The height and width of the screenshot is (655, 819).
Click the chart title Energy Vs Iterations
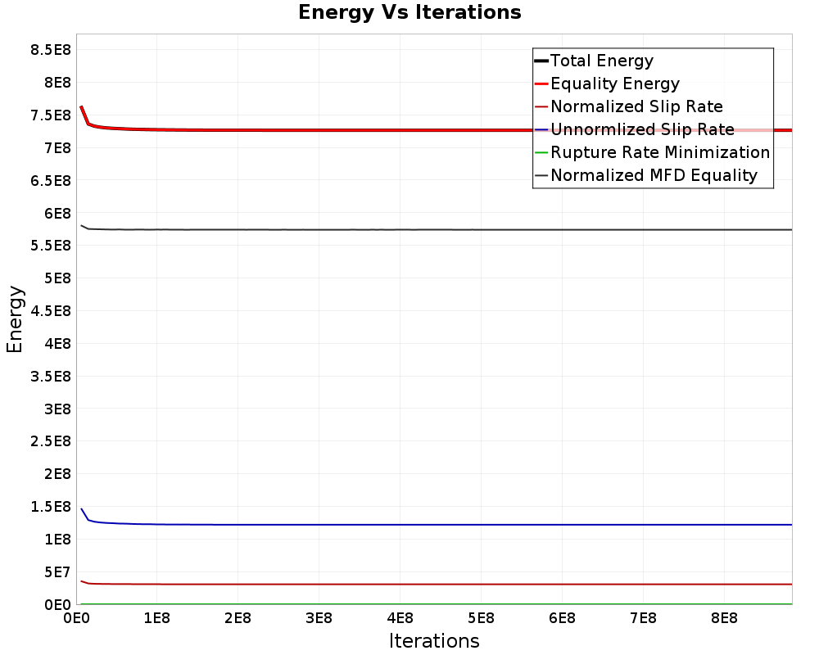click(x=409, y=12)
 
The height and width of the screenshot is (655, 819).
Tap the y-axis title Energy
click(x=14, y=318)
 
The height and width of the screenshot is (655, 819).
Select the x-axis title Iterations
click(x=434, y=640)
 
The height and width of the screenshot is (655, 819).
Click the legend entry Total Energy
click(x=602, y=61)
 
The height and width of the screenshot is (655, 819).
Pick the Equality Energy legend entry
click(x=614, y=84)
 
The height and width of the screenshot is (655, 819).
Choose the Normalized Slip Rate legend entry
click(x=636, y=106)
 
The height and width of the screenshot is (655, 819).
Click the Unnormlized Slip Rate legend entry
click(x=642, y=129)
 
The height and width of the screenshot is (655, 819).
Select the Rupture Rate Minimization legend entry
click(x=660, y=152)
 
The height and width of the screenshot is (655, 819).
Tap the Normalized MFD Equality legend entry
click(x=654, y=175)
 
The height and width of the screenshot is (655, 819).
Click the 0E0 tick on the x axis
click(x=76, y=617)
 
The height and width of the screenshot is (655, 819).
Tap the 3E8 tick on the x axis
click(x=319, y=617)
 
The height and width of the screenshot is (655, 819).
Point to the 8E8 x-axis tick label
click(x=723, y=617)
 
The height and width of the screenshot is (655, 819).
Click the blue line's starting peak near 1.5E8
click(x=81, y=509)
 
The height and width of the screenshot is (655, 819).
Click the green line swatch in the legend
click(x=541, y=152)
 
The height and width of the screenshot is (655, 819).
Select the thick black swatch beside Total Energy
click(x=541, y=61)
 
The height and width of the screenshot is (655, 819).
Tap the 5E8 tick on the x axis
click(x=480, y=617)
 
